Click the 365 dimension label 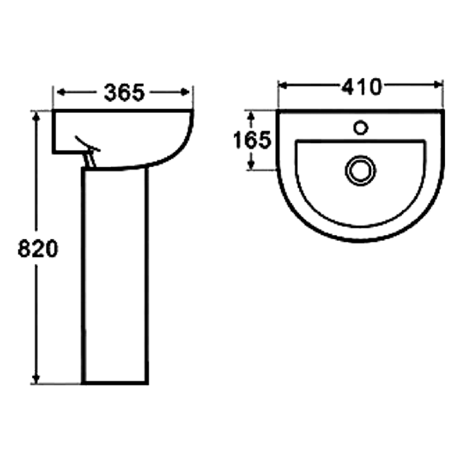click(x=124, y=92)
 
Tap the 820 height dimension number click(x=38, y=248)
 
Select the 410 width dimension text click(x=362, y=87)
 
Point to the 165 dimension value click(x=252, y=140)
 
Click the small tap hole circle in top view click(x=361, y=128)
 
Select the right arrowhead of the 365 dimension click(x=185, y=92)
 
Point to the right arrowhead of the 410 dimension click(x=438, y=86)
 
